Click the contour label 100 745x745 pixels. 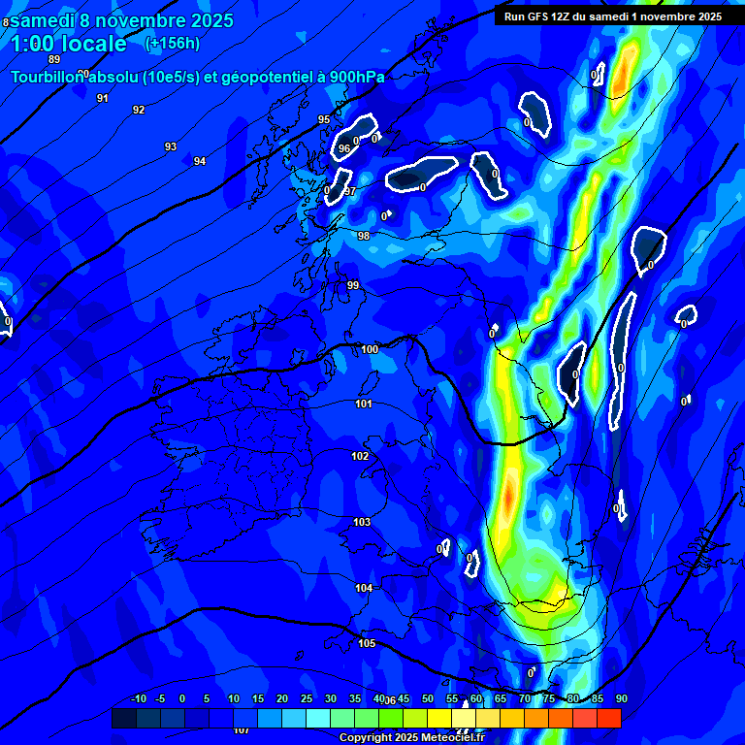point(370,349)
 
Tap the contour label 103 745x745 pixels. point(362,523)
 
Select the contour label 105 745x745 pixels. point(367,643)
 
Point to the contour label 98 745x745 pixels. point(364,236)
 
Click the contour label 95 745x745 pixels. point(324,119)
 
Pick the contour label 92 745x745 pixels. point(139,110)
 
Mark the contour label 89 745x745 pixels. point(54,59)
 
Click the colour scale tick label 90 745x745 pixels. point(621,698)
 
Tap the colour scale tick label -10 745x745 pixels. point(138,698)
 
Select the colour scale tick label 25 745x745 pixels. point(307,698)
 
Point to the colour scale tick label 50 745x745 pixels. point(428,698)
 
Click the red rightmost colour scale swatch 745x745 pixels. point(609,718)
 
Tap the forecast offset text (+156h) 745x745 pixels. point(172,44)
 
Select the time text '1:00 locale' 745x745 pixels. point(69,44)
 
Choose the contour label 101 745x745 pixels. point(364,404)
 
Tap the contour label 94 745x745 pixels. point(200,161)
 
